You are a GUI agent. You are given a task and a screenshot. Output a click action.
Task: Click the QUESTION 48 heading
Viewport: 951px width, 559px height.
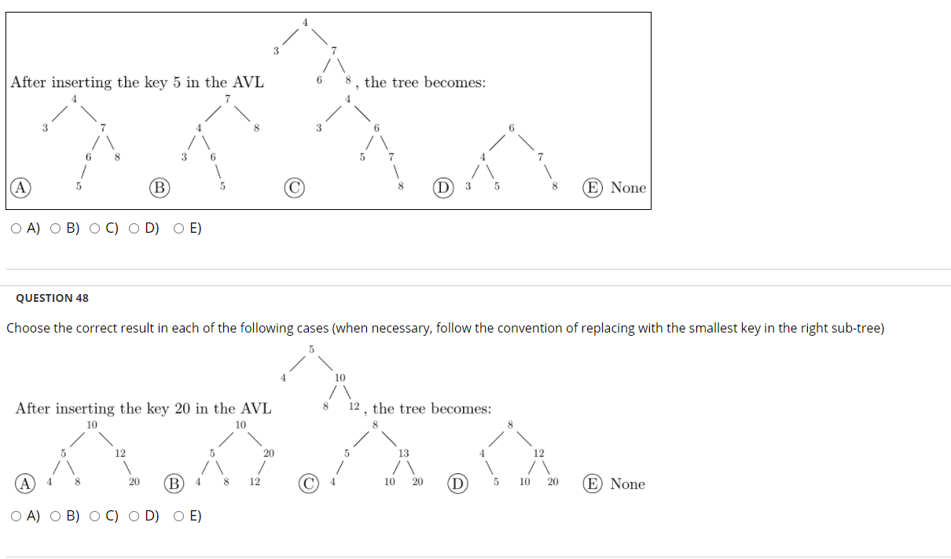tap(52, 298)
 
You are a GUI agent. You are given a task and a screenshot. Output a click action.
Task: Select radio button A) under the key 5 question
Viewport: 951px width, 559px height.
tap(17, 229)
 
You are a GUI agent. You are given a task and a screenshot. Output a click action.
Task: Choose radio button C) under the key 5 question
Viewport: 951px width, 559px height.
tap(94, 229)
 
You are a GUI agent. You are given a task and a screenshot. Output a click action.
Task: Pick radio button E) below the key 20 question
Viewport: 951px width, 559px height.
tap(179, 517)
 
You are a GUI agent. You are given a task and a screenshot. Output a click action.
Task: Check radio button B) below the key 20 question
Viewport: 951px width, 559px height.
tap(56, 517)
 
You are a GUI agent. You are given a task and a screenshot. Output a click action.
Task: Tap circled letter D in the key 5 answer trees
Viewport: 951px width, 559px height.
tap(444, 188)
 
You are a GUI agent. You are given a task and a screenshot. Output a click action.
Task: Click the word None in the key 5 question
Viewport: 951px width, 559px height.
tap(628, 188)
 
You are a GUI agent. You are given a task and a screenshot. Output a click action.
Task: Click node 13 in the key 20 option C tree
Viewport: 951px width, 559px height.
tap(403, 453)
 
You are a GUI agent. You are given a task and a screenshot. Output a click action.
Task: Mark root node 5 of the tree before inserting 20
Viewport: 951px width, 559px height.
tap(310, 348)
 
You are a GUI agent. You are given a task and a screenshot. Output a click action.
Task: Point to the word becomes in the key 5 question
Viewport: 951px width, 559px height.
tap(455, 83)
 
